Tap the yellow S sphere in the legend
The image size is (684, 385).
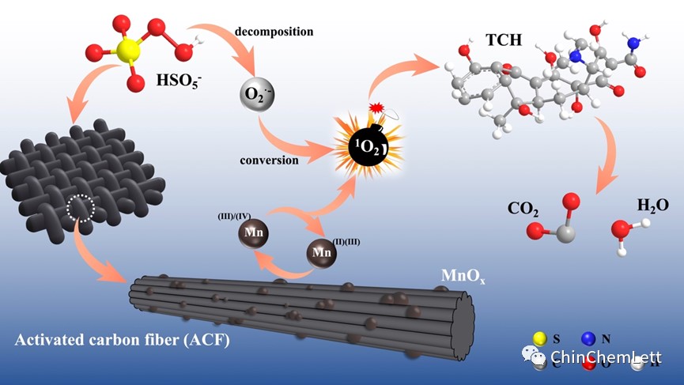click(540, 339)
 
